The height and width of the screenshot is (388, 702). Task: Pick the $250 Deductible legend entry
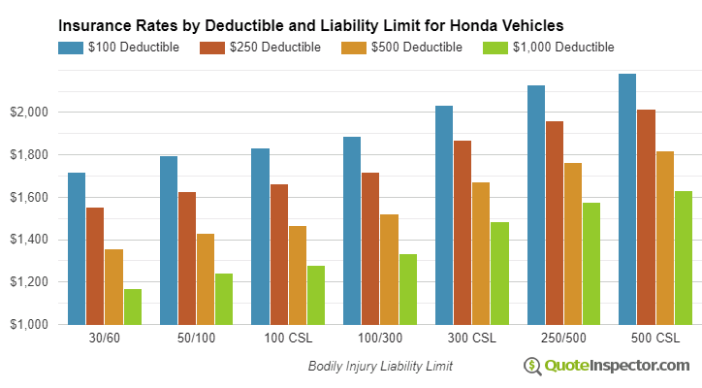point(261,47)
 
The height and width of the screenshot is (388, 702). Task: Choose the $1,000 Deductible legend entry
point(548,47)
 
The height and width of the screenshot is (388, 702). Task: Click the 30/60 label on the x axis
point(104,339)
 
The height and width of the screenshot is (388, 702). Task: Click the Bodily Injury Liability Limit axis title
point(380,367)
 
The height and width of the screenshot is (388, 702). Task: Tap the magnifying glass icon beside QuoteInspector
point(532,366)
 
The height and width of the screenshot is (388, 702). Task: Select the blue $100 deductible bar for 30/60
point(77,248)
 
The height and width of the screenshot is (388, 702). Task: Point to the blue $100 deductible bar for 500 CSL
point(627,199)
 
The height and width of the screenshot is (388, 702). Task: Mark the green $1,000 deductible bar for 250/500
point(590,263)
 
